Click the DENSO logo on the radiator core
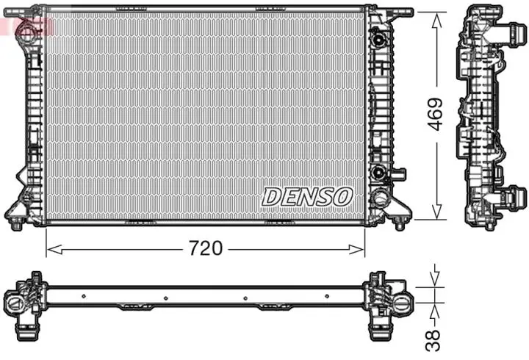click(308, 196)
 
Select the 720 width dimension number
click(206, 249)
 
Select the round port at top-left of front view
click(26, 31)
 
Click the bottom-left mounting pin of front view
click(16, 223)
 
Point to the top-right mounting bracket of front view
click(397, 12)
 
